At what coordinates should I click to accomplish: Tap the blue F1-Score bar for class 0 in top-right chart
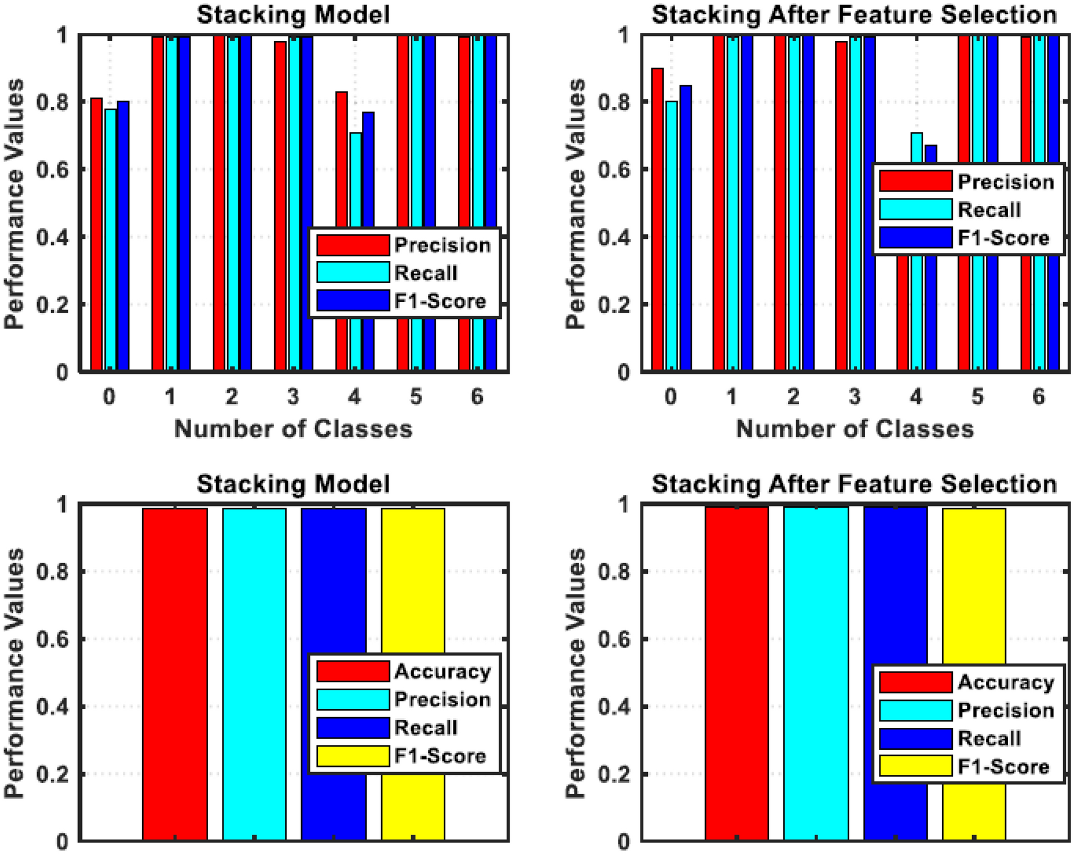(685, 227)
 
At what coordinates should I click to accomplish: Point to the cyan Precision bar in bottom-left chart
(254, 674)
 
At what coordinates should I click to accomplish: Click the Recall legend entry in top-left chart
(426, 273)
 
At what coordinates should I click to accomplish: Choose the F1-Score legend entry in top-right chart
(1003, 238)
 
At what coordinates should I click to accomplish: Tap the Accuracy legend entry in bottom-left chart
(442, 671)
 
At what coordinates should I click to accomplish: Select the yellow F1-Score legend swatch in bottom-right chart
(915, 766)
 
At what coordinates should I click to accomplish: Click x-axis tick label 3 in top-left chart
(292, 396)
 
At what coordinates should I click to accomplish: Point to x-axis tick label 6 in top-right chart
(1039, 396)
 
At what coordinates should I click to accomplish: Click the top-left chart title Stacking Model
(294, 14)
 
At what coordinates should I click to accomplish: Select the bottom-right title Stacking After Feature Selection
(854, 484)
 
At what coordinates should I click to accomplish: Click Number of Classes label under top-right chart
(854, 429)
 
